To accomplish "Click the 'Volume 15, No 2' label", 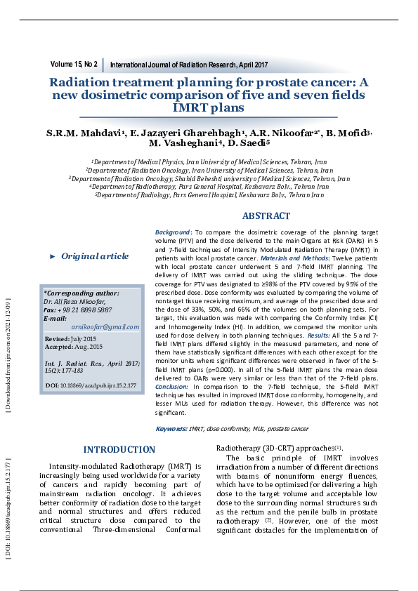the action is coord(74,64).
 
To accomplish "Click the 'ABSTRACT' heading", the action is coord(266,216).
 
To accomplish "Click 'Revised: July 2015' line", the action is coord(70,339).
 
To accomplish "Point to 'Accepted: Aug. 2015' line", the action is coord(73,347).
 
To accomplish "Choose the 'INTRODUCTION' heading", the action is coord(119,450).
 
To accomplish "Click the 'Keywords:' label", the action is coord(171,428).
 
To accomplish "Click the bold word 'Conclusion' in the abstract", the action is coord(172,387).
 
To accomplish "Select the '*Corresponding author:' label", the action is coord(81,293).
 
